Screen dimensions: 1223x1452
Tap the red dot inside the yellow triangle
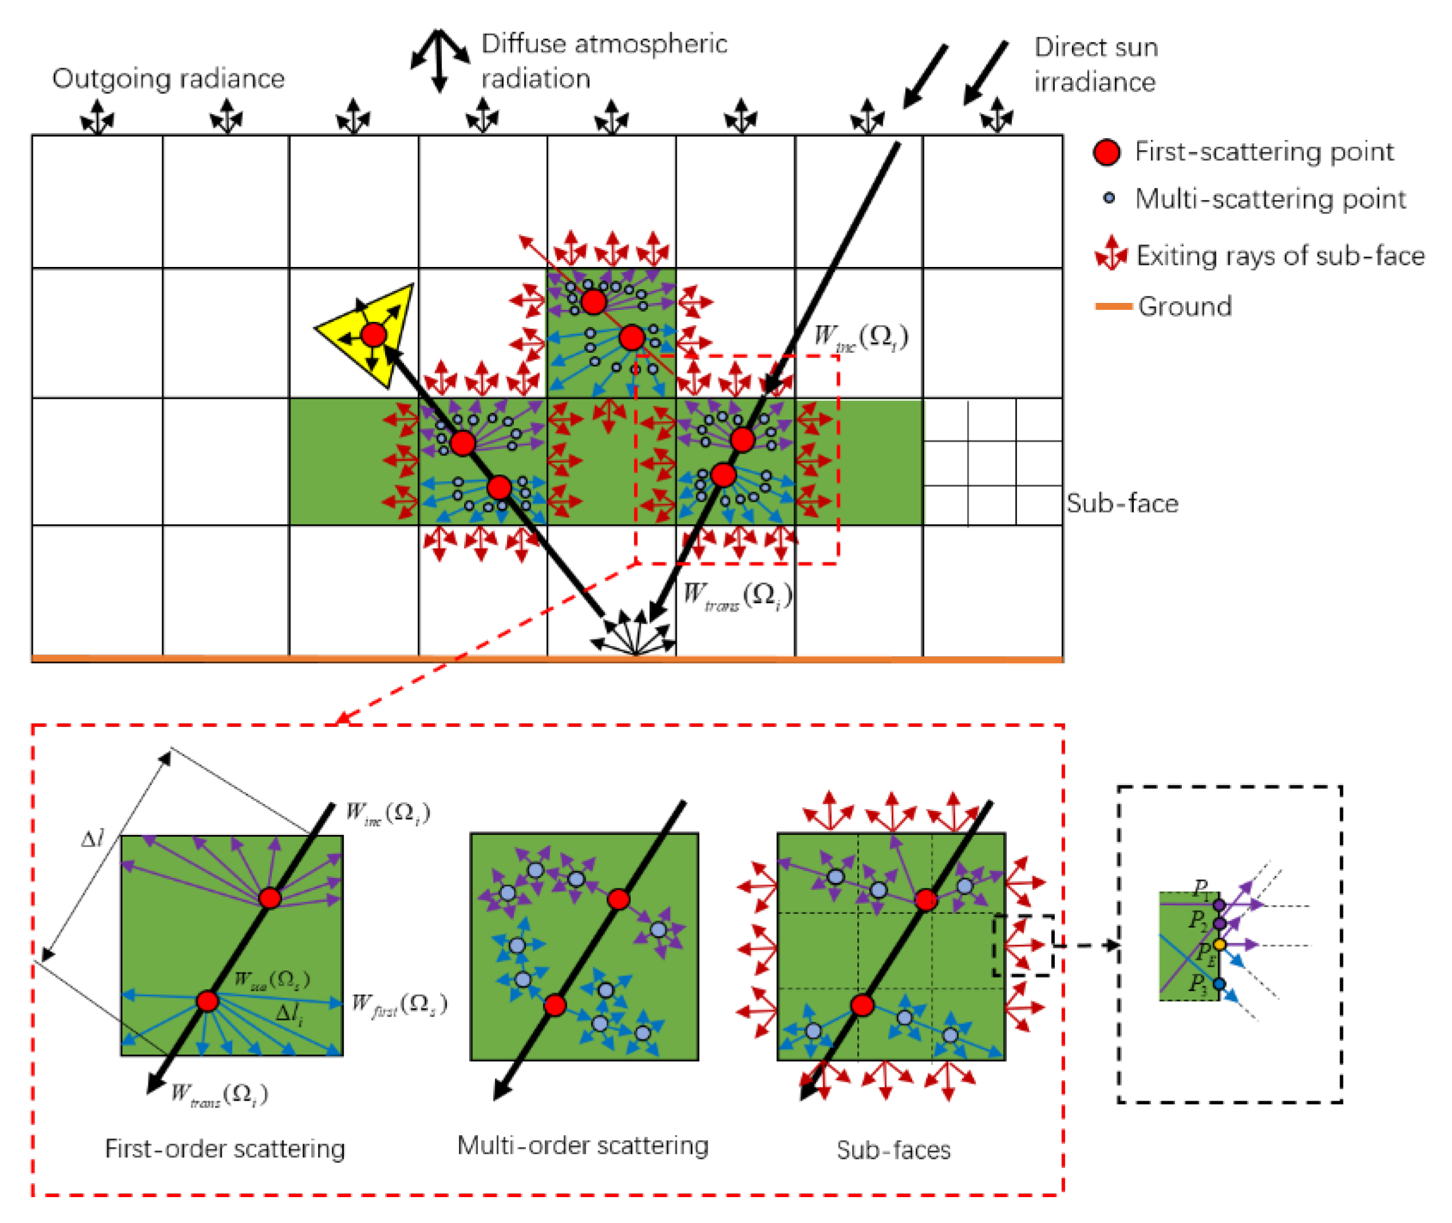click(373, 335)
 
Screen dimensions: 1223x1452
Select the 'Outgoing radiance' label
click(169, 78)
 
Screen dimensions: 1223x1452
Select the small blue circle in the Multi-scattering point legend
click(1108, 198)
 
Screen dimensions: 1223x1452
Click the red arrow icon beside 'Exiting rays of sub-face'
click(1111, 254)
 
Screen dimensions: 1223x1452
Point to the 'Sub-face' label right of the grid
click(1121, 503)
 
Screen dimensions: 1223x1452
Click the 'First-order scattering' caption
click(225, 1149)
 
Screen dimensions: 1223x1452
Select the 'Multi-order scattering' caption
click(583, 1145)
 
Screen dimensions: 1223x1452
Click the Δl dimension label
click(92, 839)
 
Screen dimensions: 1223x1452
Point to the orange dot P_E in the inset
click(1218, 944)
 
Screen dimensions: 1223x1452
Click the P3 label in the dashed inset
click(1198, 983)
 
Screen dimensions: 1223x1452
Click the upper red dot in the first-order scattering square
click(270, 898)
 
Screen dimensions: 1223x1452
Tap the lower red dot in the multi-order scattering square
click(554, 1005)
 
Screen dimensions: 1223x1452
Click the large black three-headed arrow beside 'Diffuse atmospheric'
click(438, 59)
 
